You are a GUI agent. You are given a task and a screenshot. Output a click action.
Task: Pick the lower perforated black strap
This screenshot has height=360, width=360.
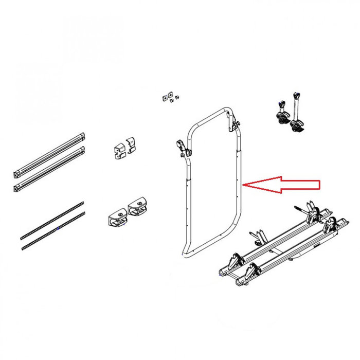(51, 230)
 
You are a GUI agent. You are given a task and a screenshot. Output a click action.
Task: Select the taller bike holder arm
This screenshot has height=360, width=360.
(296, 113)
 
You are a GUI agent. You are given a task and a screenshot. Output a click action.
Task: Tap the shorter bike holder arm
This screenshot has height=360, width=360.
(281, 112)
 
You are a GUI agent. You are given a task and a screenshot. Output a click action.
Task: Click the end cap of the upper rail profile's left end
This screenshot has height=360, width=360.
(17, 168)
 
